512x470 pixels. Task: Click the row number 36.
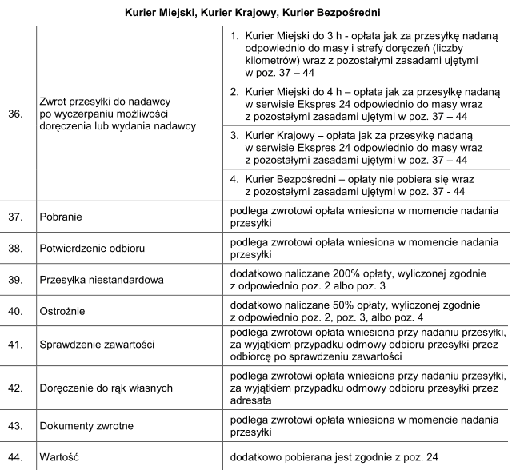coord(14,114)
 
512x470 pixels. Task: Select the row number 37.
coord(14,217)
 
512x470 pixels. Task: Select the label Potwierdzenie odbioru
coord(89,249)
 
